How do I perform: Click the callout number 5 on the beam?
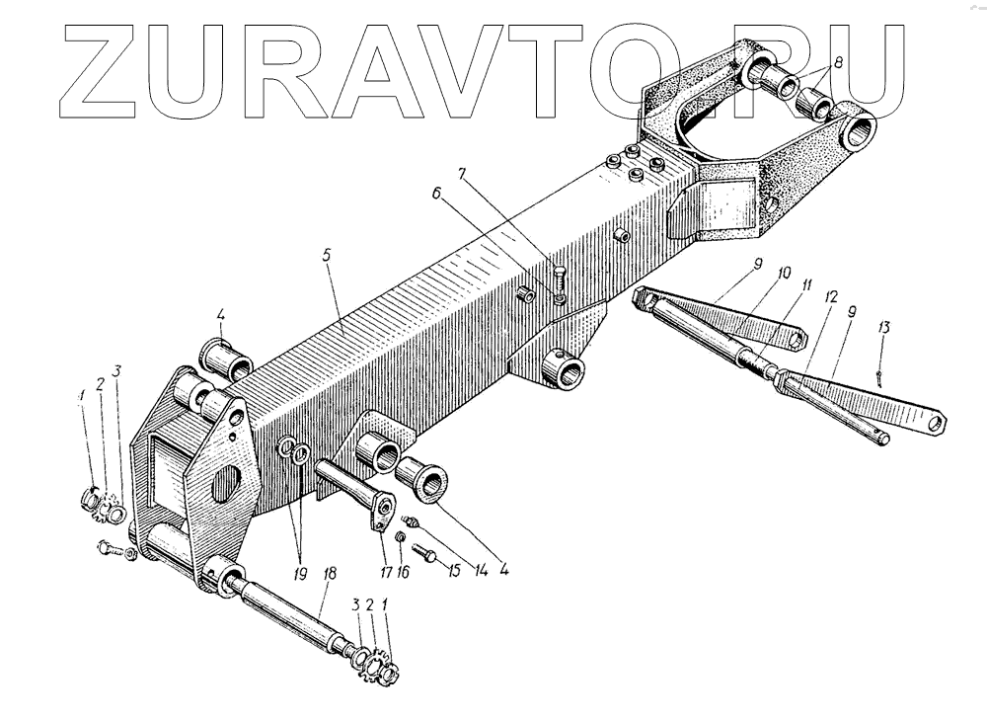[x=328, y=254]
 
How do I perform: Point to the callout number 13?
[x=883, y=328]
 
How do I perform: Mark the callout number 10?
[x=784, y=271]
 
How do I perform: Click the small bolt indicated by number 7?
[x=560, y=275]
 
